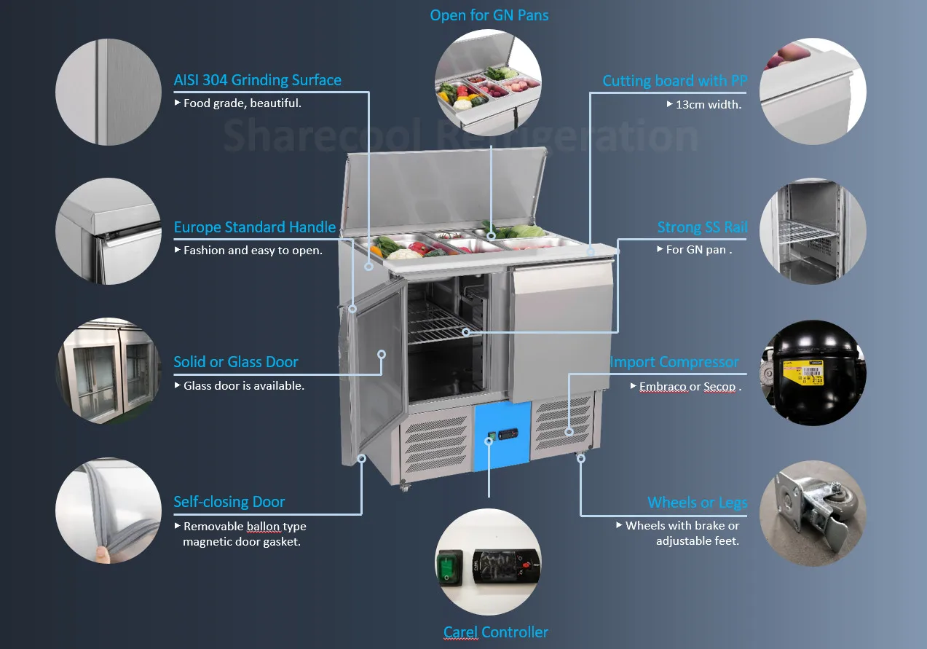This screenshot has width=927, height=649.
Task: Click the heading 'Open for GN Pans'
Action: tap(489, 15)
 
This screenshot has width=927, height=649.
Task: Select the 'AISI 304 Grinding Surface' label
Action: tap(257, 80)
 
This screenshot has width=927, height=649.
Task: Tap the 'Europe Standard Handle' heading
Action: tap(254, 227)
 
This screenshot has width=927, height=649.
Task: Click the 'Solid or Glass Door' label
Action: tap(236, 362)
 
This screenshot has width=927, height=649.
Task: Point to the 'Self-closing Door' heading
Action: tap(229, 502)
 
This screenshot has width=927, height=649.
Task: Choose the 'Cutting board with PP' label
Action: tap(674, 81)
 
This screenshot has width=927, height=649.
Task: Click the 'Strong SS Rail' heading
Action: tap(702, 227)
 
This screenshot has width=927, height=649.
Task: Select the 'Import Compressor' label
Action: tap(674, 362)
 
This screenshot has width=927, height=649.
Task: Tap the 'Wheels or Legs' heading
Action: tap(697, 503)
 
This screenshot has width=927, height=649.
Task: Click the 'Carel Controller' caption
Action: tap(496, 632)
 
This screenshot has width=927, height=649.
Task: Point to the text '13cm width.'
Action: tap(708, 104)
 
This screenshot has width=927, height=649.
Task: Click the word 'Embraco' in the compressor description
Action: tap(663, 387)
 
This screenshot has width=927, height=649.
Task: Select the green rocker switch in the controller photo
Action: tap(449, 567)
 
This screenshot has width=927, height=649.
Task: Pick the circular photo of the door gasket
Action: tap(109, 511)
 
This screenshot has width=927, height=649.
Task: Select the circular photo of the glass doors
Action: tap(109, 370)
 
